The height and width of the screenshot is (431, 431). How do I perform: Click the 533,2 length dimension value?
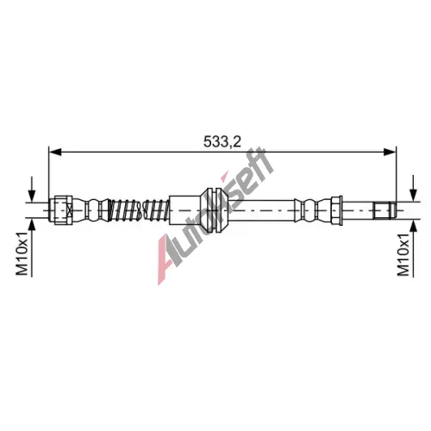[222, 141]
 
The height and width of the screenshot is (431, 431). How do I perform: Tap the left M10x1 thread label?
[22, 253]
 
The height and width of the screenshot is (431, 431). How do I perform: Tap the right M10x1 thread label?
[403, 253]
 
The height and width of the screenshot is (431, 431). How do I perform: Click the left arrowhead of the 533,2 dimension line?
[55, 153]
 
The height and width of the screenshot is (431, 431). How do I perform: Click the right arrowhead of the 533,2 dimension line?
[390, 153]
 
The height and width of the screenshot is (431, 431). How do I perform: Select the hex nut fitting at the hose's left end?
[61, 210]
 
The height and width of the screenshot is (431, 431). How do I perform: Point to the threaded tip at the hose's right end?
[385, 210]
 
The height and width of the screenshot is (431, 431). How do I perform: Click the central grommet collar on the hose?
[214, 210]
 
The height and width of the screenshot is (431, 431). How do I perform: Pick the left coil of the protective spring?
[124, 210]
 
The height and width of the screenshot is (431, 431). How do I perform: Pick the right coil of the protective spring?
[155, 210]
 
